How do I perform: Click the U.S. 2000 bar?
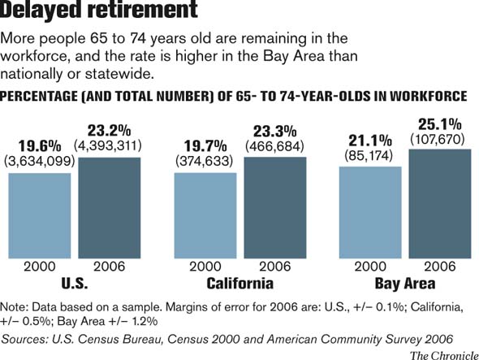click(x=39, y=215)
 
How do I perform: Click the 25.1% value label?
click(x=440, y=125)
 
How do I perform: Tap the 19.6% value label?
click(x=39, y=146)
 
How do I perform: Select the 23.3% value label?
click(x=275, y=131)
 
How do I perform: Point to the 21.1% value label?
click(x=370, y=139)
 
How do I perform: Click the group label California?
click(x=239, y=284)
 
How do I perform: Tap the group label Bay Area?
click(x=404, y=284)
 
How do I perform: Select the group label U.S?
click(x=74, y=284)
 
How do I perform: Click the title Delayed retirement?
click(x=100, y=11)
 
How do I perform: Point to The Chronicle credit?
click(x=442, y=353)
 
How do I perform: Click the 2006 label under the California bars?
click(x=275, y=267)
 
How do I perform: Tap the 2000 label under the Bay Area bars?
click(x=370, y=267)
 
